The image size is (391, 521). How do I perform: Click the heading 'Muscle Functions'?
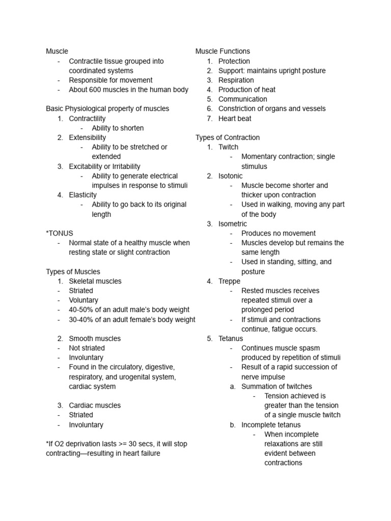click(222, 51)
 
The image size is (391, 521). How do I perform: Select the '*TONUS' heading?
click(60, 233)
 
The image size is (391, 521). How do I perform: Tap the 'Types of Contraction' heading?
click(227, 137)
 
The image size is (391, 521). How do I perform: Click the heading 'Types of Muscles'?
click(73, 272)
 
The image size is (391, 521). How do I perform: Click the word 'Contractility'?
click(87, 119)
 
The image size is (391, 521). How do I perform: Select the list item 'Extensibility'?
click(88, 137)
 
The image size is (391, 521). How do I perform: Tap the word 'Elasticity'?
click(82, 195)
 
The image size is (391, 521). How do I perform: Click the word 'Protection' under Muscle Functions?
click(234, 61)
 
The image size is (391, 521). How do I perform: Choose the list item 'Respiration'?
click(236, 80)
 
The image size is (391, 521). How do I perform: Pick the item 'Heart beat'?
click(235, 119)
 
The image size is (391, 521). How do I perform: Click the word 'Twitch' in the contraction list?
click(228, 147)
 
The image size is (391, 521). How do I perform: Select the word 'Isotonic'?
click(231, 176)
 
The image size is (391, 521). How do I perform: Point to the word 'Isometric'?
click(233, 224)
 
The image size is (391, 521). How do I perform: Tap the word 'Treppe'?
click(229, 281)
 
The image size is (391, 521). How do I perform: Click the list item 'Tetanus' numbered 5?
click(231, 339)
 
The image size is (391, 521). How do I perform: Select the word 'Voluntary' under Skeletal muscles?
click(83, 300)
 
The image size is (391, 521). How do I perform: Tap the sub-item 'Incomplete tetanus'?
click(271, 425)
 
